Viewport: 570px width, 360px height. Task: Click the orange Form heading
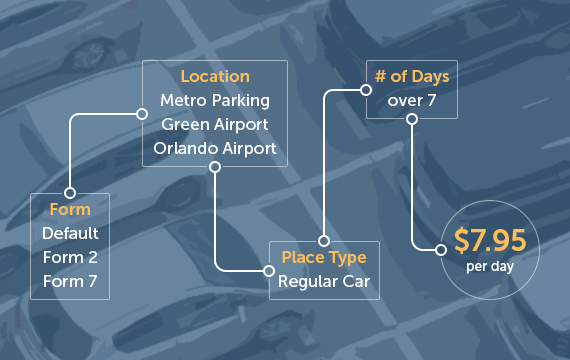pos(70,210)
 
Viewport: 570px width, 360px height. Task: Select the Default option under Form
pos(70,233)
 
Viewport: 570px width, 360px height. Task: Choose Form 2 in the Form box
pos(70,257)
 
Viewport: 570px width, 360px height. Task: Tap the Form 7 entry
pos(70,281)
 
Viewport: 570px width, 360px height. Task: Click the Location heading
pos(215,76)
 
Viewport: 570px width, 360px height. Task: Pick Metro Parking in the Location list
pos(215,100)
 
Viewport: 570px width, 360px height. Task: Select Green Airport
pos(215,124)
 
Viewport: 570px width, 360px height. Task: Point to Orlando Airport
pos(215,148)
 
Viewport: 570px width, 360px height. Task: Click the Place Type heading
pos(324,258)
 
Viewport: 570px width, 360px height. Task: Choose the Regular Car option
pos(324,282)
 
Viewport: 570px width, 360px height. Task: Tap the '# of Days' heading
pos(411,76)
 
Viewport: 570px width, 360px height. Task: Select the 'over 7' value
pos(411,100)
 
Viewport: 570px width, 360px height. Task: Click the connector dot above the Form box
pos(70,193)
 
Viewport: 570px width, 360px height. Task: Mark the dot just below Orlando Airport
pos(215,167)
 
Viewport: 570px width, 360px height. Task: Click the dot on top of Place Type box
pos(324,241)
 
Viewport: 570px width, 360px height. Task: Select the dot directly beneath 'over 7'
pos(411,119)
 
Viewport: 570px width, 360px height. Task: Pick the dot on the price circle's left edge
pos(440,249)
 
